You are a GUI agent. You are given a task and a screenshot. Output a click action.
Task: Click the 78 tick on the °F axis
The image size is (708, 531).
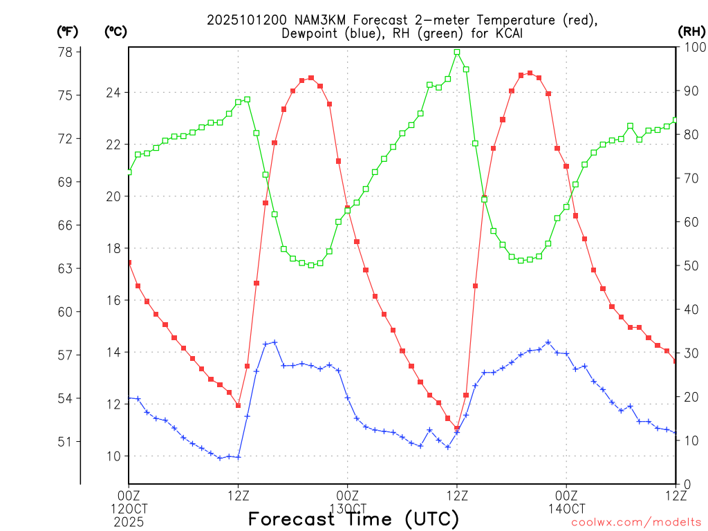coord(68,52)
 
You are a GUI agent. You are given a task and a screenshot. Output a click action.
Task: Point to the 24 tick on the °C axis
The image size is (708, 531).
coord(113,93)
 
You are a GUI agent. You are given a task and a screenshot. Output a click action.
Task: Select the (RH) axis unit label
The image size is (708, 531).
coord(691,31)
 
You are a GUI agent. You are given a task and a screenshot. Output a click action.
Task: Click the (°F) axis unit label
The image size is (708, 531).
coord(68,31)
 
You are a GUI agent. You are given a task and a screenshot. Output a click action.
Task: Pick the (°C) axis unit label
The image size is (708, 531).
coord(115,31)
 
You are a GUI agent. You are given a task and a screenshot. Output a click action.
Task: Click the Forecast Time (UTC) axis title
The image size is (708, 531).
coord(353,519)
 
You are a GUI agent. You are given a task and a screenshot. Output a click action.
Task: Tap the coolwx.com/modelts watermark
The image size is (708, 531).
coord(636,523)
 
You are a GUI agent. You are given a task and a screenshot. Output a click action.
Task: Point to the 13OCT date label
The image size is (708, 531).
coord(347,509)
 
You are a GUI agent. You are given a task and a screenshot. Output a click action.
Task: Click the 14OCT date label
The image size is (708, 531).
coord(566,509)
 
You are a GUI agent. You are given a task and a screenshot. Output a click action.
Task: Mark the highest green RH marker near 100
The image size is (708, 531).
coord(457,52)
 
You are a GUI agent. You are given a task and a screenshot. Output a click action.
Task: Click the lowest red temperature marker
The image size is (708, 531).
coord(457,428)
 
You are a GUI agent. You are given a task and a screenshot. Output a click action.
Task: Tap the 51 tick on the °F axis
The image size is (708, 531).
coord(68,442)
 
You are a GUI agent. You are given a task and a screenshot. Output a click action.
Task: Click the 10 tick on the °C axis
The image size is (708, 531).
coord(113,456)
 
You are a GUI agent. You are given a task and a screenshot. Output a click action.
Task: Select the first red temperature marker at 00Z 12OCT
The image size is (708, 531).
coord(129,262)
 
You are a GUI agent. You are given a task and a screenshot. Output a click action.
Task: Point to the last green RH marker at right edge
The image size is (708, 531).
coord(676,120)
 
